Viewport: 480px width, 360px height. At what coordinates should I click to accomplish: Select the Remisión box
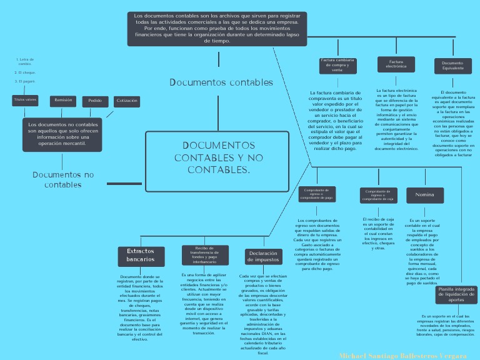point(64,100)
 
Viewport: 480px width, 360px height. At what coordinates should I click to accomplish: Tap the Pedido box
point(95,101)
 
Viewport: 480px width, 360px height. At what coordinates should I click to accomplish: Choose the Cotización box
point(127,101)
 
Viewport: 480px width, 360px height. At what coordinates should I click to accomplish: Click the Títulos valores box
point(25,100)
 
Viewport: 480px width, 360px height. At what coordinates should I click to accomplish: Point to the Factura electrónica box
point(396,64)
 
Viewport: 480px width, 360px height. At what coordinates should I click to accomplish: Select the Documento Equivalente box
point(453,66)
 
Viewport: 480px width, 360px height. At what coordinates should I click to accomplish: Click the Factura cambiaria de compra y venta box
point(337,65)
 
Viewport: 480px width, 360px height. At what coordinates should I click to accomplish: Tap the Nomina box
point(424,196)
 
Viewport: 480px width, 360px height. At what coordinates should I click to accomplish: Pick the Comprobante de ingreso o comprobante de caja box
point(378,196)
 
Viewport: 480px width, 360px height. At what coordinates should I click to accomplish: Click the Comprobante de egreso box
point(317,194)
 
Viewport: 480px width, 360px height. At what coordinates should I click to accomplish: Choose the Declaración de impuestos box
point(263,256)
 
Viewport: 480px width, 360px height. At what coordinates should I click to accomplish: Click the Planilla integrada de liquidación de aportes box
point(456,294)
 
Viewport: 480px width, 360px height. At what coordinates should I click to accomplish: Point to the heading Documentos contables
point(221,82)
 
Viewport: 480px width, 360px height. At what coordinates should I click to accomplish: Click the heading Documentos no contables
point(63,179)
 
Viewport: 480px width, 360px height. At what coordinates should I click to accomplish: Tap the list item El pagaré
point(26,81)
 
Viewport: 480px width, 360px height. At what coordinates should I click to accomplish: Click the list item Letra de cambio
point(25,62)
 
